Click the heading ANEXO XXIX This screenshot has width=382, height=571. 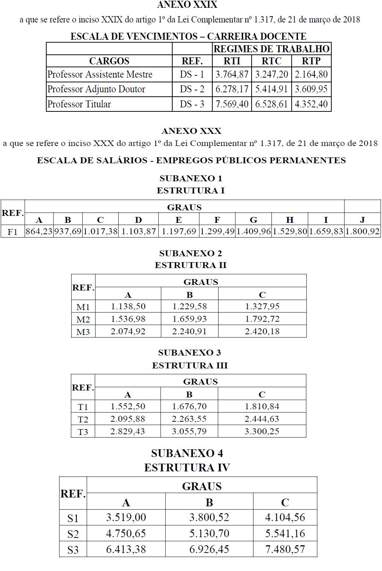(187, 5)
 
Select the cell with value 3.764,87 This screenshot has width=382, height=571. (232, 74)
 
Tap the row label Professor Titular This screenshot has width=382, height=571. (79, 104)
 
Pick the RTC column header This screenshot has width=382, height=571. (271, 61)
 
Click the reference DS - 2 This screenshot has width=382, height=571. (192, 89)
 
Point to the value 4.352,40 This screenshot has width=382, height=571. (311, 104)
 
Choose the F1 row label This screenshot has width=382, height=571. (13, 232)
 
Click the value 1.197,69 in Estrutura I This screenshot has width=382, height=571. (179, 232)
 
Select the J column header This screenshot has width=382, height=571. (362, 220)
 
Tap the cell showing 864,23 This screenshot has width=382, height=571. (39, 232)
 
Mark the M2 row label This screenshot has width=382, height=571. (83, 319)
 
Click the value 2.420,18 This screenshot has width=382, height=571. (262, 331)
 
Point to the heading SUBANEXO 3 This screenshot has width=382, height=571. (190, 353)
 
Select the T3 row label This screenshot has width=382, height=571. (83, 432)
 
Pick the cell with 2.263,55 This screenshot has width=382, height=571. (189, 419)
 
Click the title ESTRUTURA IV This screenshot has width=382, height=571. (187, 468)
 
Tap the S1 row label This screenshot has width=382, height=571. (73, 518)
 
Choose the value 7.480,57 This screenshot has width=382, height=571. (285, 549)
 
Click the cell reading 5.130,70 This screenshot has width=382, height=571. (209, 533)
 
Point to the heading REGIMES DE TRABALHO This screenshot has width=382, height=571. (271, 49)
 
